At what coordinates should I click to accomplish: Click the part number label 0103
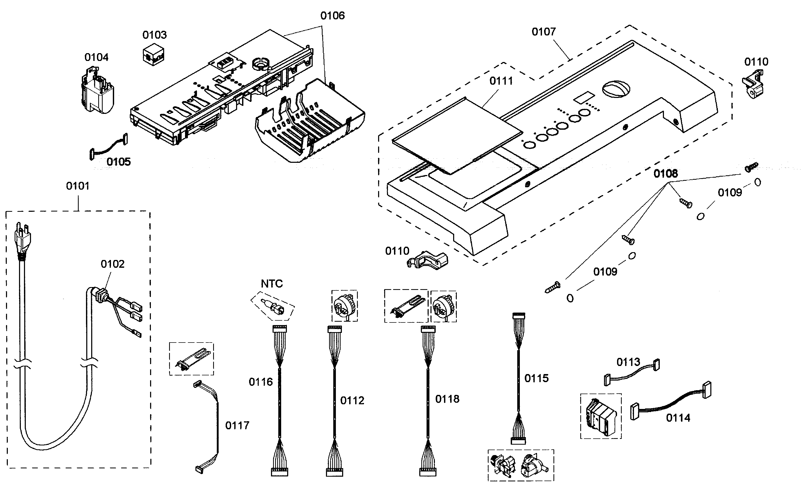pyautogui.click(x=155, y=35)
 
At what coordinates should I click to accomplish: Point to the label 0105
pyautogui.click(x=119, y=161)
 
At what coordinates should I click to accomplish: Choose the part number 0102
pyautogui.click(x=113, y=264)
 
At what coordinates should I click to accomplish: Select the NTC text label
pyautogui.click(x=272, y=284)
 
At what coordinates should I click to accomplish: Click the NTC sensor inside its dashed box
pyautogui.click(x=272, y=306)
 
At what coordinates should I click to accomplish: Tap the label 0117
pyautogui.click(x=237, y=425)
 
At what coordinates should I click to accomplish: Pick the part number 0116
pyautogui.click(x=261, y=382)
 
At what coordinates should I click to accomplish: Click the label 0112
pyautogui.click(x=352, y=400)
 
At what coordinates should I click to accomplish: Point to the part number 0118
pyautogui.click(x=447, y=399)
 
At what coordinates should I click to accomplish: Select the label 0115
pyautogui.click(x=536, y=378)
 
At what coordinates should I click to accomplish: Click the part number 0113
pyautogui.click(x=628, y=362)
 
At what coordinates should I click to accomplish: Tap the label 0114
pyautogui.click(x=678, y=418)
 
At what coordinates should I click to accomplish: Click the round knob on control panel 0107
pyautogui.click(x=616, y=89)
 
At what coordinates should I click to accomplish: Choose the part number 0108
pyautogui.click(x=666, y=173)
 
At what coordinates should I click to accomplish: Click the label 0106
pyautogui.click(x=332, y=15)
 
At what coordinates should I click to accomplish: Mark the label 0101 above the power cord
pyautogui.click(x=77, y=186)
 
